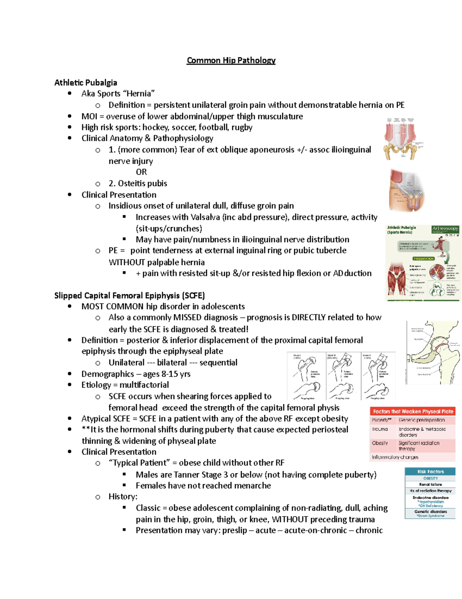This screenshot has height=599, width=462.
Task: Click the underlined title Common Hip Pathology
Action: point(231,61)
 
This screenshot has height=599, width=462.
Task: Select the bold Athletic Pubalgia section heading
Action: point(85,83)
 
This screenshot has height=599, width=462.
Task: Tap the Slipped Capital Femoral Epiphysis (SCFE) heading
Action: point(129,295)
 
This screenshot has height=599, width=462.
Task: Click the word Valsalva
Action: point(205,217)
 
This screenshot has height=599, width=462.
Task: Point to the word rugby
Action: point(242,127)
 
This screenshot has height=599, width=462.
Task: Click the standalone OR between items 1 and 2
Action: point(141,172)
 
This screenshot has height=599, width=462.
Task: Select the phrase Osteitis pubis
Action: point(142,183)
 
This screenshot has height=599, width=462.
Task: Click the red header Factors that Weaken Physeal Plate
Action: point(413,412)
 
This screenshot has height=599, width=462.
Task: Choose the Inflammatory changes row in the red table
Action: point(395,457)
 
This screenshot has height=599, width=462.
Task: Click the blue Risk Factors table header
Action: point(430,471)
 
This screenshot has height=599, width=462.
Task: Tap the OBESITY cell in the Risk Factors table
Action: point(430,478)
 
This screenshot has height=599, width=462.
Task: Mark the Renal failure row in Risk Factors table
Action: point(430,484)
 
